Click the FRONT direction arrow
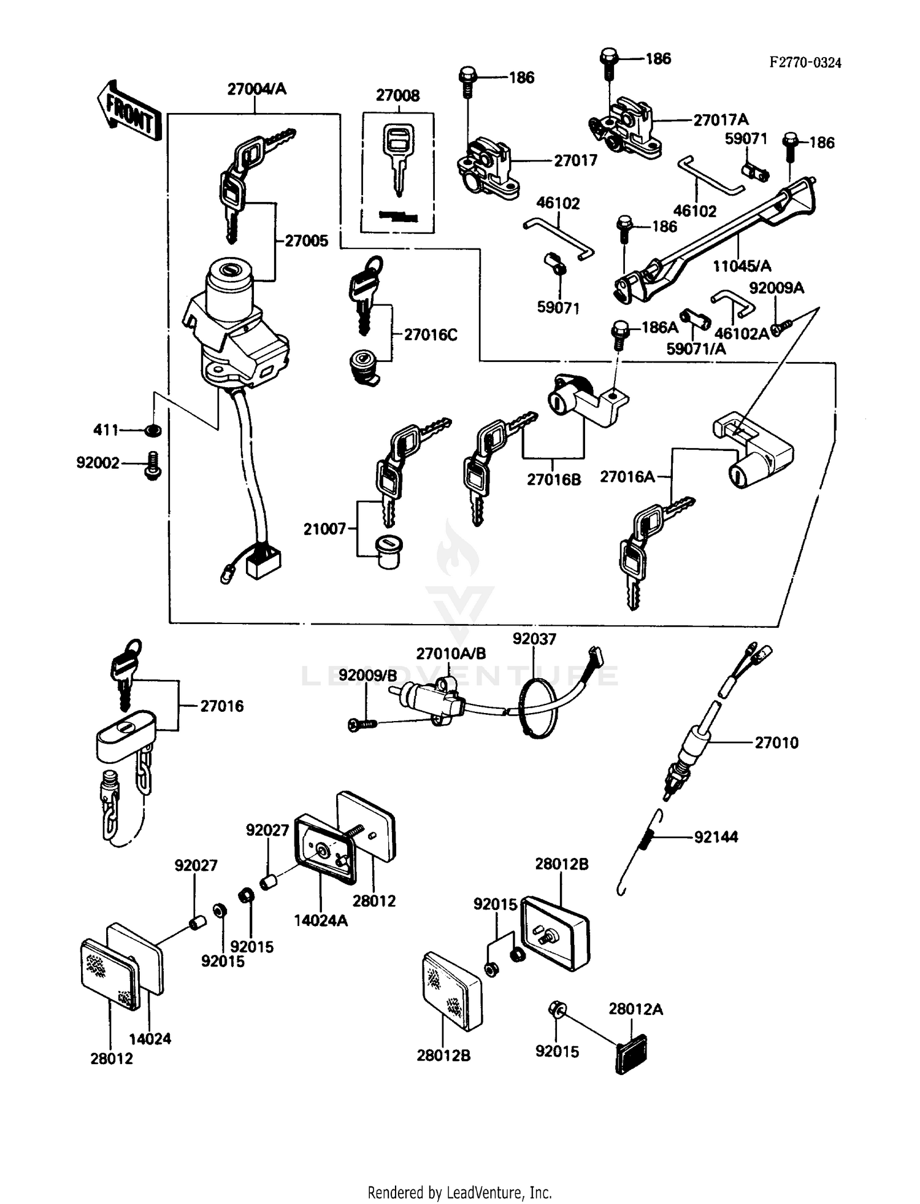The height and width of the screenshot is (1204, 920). pos(129,110)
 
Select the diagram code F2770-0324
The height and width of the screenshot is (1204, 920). pos(805,63)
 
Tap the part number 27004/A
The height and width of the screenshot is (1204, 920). pos(256,89)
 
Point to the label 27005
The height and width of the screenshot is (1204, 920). pos(307,241)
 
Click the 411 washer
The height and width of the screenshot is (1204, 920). pos(153,431)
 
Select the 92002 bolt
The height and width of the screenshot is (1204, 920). pos(151,465)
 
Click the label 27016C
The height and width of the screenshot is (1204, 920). pos(431,335)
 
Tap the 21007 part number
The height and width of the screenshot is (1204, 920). pos(325,528)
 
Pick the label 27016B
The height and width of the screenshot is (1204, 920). pos(553,479)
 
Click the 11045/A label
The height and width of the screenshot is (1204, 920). pos(742,266)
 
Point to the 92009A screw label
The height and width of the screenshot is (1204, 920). pos(776,288)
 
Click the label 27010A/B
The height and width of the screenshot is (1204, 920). pos(451,654)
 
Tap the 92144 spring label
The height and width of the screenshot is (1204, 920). pos(716,837)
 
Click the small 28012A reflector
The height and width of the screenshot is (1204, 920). pos(631,1054)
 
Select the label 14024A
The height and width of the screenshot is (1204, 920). pos(320,920)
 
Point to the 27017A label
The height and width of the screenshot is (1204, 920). pos(721,120)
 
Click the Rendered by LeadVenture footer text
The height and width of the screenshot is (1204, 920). pos(459,1192)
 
